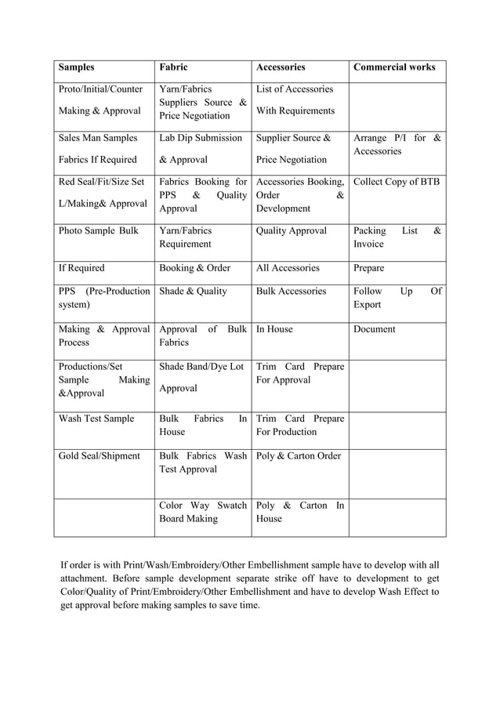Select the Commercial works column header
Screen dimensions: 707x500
394,67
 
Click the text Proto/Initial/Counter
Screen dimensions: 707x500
99,89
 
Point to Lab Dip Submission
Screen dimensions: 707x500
200,138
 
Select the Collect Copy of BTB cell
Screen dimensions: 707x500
397,182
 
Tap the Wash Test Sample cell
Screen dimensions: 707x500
96,419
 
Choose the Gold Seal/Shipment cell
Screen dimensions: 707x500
99,456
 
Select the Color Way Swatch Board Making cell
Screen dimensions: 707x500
202,512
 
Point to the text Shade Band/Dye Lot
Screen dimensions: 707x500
201,366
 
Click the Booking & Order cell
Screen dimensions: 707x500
194,268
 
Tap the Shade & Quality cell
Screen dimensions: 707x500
193,292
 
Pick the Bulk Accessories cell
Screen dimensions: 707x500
291,292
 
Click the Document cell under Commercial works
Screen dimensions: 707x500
375,330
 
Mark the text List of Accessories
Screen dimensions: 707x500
295,89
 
